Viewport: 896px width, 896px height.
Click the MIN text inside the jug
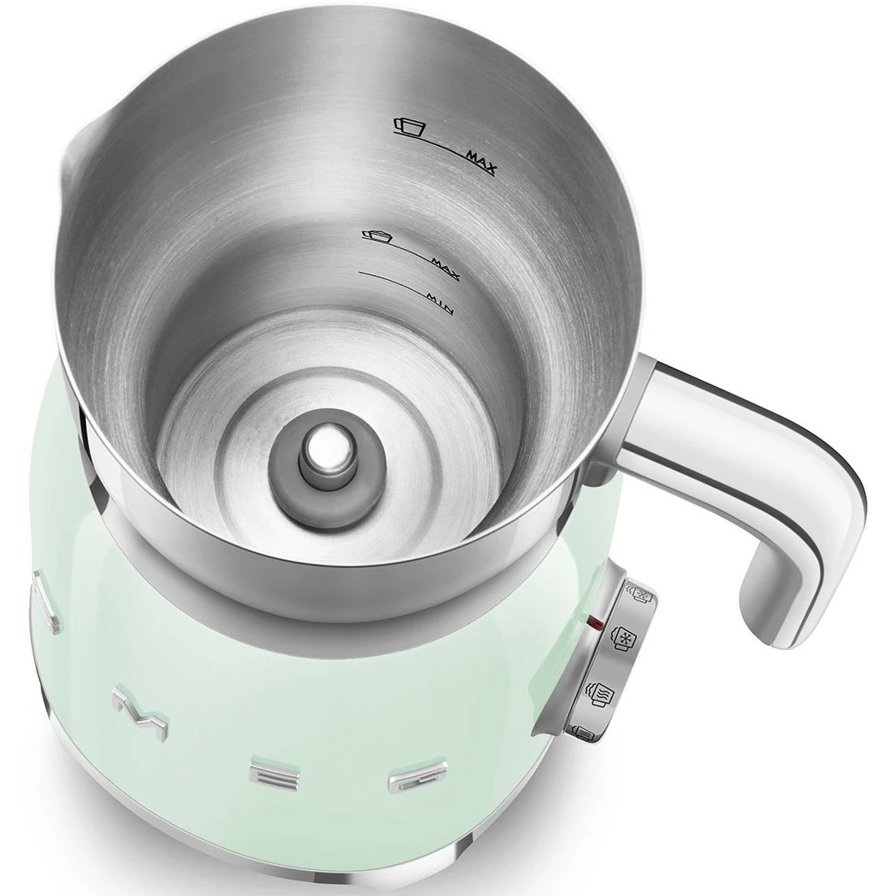click(x=440, y=304)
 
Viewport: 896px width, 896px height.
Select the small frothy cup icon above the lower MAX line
click(x=376, y=234)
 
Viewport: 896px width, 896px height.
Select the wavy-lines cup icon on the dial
click(x=599, y=693)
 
